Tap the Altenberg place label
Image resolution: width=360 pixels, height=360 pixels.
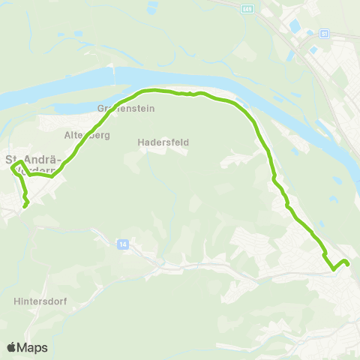88,135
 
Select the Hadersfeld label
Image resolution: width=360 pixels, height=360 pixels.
163,141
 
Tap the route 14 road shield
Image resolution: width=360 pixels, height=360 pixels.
121,244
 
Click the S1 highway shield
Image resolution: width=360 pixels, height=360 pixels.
324,34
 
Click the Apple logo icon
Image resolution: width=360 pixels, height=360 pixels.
12,347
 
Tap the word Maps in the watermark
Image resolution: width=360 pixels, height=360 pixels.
33,347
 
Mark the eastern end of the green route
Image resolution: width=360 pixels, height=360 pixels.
349,263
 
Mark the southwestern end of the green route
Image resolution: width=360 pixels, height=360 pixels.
25,205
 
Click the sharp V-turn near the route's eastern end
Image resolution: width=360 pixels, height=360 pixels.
333,268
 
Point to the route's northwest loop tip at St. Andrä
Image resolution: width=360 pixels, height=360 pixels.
12,168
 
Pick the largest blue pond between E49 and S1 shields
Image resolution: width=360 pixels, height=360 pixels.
294,27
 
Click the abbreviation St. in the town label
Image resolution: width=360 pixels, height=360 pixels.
12,159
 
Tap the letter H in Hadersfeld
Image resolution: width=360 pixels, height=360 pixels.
141,141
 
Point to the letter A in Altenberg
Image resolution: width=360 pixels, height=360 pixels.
67,135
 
